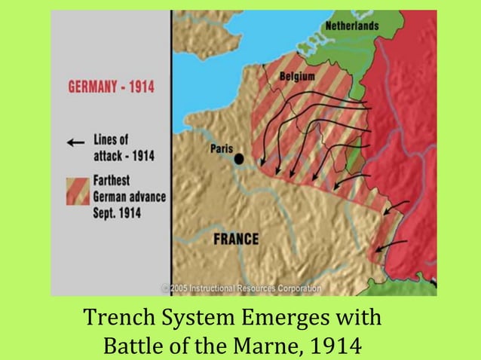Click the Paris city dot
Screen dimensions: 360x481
point(238,159)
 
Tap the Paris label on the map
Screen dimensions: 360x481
point(223,148)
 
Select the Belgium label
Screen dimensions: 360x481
point(297,75)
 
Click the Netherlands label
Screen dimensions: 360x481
point(351,26)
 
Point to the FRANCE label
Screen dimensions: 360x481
point(236,239)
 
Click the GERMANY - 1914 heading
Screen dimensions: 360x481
point(111,87)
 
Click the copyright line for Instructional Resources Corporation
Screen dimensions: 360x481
point(240,288)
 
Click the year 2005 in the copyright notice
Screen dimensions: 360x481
point(180,288)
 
